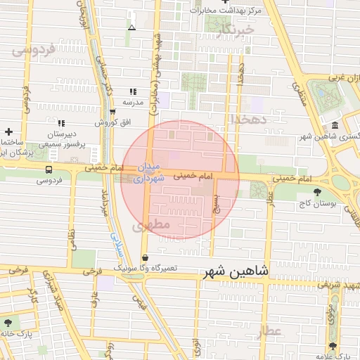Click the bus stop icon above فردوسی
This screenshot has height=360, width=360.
(49, 169)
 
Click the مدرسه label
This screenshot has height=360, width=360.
(133, 102)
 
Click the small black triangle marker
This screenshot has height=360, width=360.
(132, 27)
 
